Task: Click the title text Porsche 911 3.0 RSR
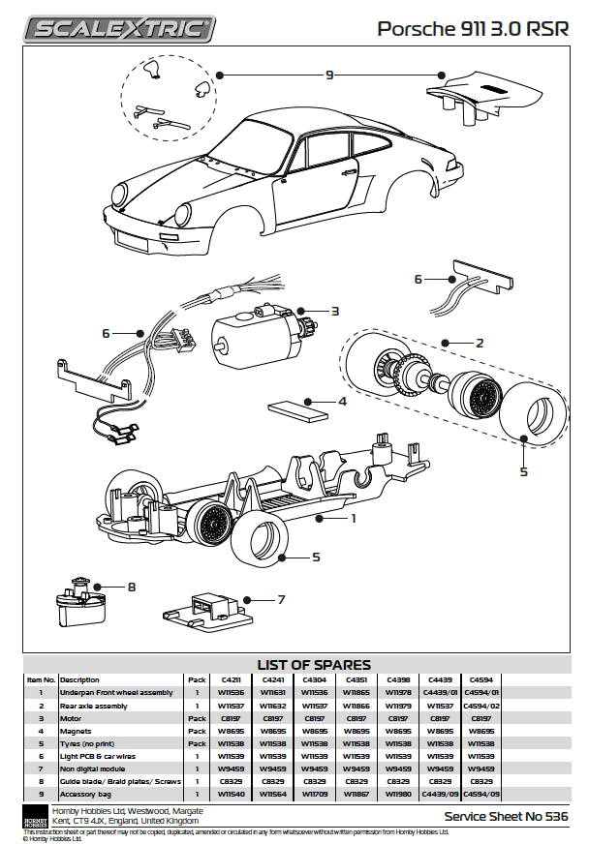pyautogui.click(x=472, y=30)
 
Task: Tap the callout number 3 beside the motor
pyautogui.click(x=334, y=311)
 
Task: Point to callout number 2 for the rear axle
pyautogui.click(x=479, y=343)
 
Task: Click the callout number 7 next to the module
pyautogui.click(x=281, y=599)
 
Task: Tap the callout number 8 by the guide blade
pyautogui.click(x=131, y=586)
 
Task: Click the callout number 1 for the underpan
pyautogui.click(x=354, y=518)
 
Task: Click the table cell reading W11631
pyautogui.click(x=271, y=692)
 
